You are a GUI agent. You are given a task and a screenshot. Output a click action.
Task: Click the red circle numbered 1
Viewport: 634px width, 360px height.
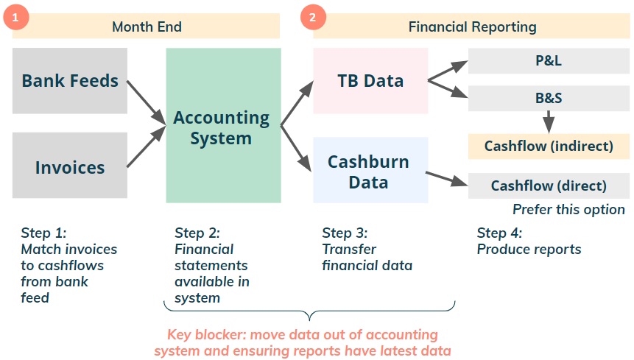pyautogui.click(x=15, y=17)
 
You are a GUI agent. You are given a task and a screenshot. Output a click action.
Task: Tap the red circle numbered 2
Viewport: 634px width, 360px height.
pyautogui.click(x=313, y=17)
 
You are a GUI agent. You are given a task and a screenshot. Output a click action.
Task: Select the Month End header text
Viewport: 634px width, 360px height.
pyautogui.click(x=147, y=27)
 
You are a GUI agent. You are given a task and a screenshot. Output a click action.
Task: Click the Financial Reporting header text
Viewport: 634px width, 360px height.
pyautogui.click(x=472, y=27)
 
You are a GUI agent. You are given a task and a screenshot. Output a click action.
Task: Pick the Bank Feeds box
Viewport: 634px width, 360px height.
pyautogui.click(x=70, y=81)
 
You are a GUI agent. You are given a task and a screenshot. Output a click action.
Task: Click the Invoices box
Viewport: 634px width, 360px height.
pyautogui.click(x=70, y=165)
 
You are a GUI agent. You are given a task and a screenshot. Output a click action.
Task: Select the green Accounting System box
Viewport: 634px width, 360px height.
pyautogui.click(x=224, y=125)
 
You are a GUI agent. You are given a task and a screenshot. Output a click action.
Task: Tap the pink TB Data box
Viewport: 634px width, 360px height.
pyautogui.click(x=371, y=81)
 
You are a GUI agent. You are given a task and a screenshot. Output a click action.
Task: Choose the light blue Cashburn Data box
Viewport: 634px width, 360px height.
pyautogui.click(x=371, y=170)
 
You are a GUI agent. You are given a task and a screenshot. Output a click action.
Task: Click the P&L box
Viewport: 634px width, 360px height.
pyautogui.click(x=549, y=60)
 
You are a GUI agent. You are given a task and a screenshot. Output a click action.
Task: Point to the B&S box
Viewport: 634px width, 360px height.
pyautogui.click(x=549, y=98)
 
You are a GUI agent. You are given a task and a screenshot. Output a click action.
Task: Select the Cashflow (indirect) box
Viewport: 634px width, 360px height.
pyautogui.click(x=549, y=146)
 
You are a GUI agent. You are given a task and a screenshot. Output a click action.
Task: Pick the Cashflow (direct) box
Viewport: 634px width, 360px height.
pyautogui.click(x=549, y=186)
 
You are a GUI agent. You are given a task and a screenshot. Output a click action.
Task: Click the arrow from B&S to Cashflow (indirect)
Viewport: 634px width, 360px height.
pyautogui.click(x=549, y=121)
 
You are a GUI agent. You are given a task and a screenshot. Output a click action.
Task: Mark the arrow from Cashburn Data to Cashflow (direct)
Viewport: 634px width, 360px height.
pyautogui.click(x=447, y=179)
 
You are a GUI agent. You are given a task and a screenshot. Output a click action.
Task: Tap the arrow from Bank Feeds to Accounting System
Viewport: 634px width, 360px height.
pyautogui.click(x=147, y=102)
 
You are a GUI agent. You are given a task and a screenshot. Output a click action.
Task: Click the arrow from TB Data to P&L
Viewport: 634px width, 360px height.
pyautogui.click(x=448, y=71)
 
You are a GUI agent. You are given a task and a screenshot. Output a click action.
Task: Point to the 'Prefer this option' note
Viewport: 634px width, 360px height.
pyautogui.click(x=568, y=209)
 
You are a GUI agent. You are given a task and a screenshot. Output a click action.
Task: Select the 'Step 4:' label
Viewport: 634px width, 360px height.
pyautogui.click(x=499, y=233)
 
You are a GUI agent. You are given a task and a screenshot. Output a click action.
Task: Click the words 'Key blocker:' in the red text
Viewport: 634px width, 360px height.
pyautogui.click(x=207, y=334)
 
